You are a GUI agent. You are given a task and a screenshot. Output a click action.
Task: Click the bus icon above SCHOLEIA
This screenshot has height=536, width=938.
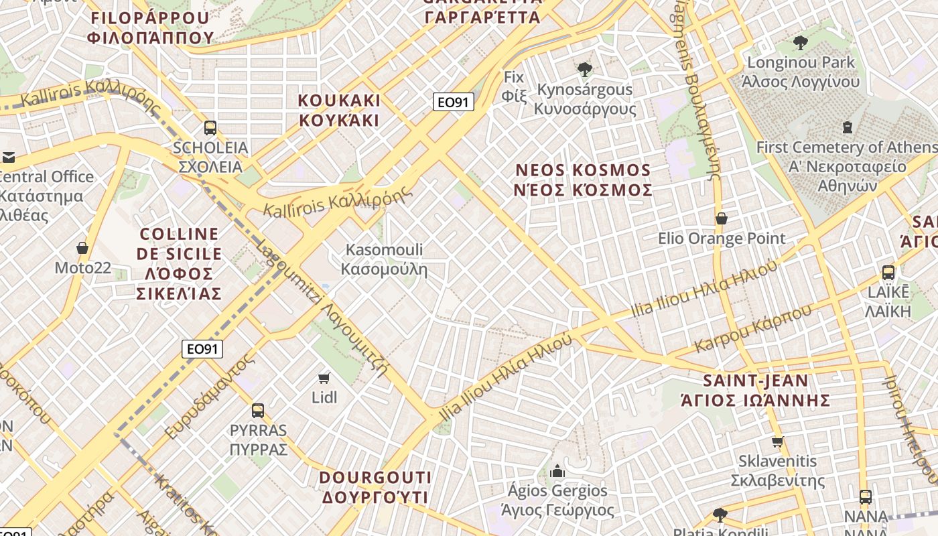[210, 127]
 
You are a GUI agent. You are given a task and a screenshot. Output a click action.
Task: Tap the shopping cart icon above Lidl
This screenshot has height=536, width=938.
[324, 378]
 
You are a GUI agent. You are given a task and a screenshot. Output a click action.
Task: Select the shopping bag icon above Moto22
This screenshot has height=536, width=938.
[82, 248]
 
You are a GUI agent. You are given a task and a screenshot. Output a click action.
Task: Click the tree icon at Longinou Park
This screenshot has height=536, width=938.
[800, 44]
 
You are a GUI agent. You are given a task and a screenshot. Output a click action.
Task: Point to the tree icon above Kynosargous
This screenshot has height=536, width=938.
[584, 69]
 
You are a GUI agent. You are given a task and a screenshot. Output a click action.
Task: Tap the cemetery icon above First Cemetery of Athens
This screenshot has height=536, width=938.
[848, 127]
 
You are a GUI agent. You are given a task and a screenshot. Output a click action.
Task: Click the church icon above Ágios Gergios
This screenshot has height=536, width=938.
[557, 472]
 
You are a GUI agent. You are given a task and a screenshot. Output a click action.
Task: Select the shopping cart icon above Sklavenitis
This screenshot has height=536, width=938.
[777, 442]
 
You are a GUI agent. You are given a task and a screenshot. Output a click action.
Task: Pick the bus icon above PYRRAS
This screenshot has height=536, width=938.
[258, 411]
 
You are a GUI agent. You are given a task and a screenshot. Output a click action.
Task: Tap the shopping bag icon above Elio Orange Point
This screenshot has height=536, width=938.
[722, 218]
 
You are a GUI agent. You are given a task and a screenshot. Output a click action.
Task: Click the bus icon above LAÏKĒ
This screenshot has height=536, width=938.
[888, 273]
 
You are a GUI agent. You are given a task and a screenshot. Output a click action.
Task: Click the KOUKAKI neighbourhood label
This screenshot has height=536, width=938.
[339, 111]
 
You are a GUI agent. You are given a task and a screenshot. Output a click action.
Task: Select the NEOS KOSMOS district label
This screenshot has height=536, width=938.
[583, 180]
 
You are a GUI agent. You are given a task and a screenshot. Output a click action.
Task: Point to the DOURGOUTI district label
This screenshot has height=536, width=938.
[375, 487]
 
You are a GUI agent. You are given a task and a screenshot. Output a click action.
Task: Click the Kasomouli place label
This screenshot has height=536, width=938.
[385, 260]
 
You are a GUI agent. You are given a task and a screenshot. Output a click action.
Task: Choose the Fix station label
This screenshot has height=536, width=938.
[514, 86]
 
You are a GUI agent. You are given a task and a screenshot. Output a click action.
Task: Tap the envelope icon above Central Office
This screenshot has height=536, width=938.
[8, 157]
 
